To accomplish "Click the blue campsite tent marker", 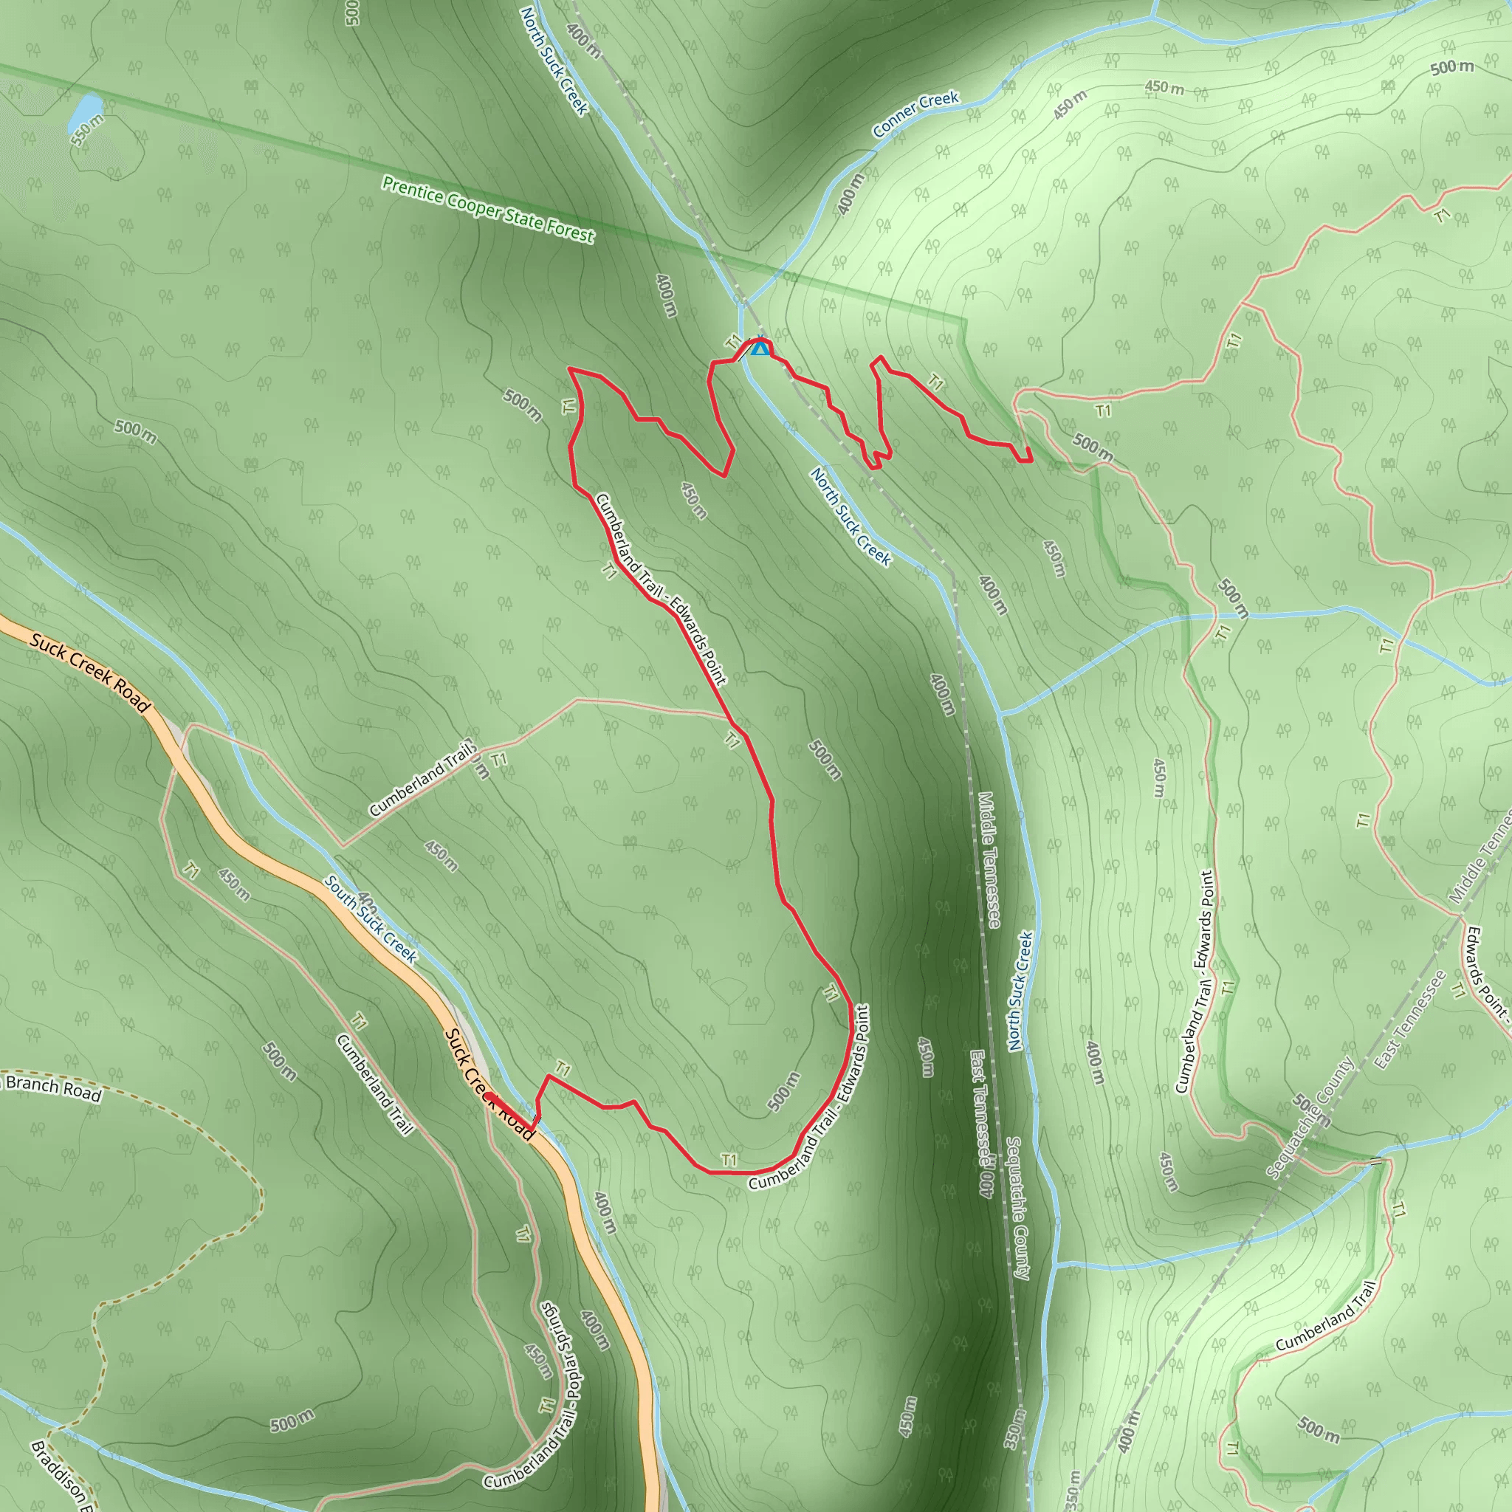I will (759, 348).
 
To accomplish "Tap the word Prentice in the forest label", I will (412, 191).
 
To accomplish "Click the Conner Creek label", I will (915, 114).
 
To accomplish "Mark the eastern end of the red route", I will (1030, 460).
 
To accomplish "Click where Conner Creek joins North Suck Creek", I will (742, 300).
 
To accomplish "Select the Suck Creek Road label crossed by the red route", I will (489, 1084).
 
